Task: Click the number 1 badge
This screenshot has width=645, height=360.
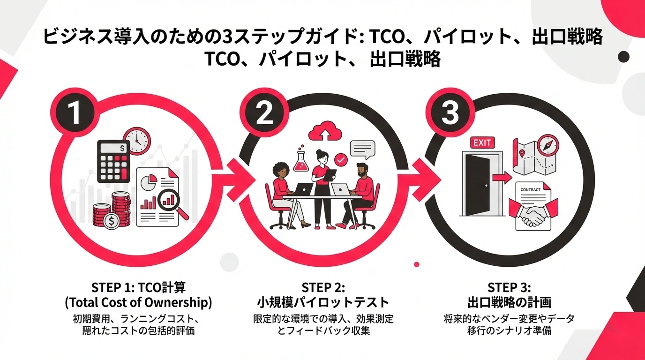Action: tap(74, 113)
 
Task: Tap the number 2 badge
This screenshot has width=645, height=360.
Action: tap(264, 113)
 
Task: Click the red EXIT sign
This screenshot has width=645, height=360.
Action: tap(481, 143)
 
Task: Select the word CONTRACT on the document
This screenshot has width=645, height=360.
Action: tap(531, 189)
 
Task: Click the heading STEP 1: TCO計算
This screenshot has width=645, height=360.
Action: tap(138, 287)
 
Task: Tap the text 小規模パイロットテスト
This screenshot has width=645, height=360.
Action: tap(323, 301)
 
